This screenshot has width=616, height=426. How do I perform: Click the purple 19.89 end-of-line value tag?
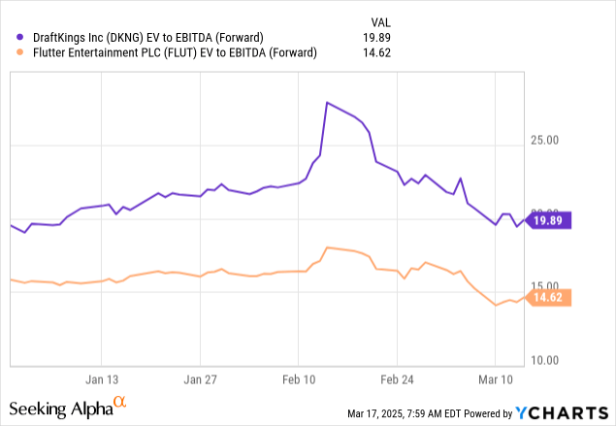[550, 219]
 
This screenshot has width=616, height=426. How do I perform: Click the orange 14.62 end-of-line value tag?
[550, 298]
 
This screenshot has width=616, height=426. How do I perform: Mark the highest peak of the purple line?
[327, 102]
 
